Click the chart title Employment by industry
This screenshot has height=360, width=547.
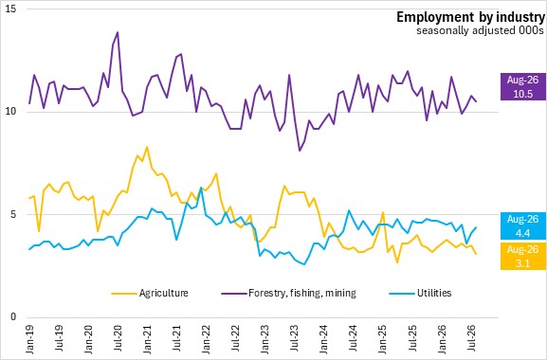pyautogui.click(x=470, y=17)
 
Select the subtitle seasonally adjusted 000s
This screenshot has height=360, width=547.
pyautogui.click(x=480, y=30)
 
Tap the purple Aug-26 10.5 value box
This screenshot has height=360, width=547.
pyautogui.click(x=523, y=87)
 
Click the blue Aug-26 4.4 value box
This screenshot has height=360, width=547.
pyautogui.click(x=523, y=225)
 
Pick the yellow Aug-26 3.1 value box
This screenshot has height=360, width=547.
pyautogui.click(x=523, y=256)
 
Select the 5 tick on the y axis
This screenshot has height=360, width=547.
pyautogui.click(x=14, y=214)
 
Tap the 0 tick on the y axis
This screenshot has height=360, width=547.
pyautogui.click(x=14, y=317)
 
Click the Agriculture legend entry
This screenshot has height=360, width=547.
pyautogui.click(x=150, y=293)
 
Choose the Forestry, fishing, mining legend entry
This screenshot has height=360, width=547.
pyautogui.click(x=289, y=293)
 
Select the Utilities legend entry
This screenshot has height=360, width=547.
pyautogui.click(x=420, y=293)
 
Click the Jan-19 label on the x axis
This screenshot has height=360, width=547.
pyautogui.click(x=29, y=339)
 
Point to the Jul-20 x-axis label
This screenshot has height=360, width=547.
pyautogui.click(x=118, y=339)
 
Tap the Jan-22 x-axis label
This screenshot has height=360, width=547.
pyautogui.click(x=206, y=339)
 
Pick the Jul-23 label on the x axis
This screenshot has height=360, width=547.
pyautogui.click(x=295, y=339)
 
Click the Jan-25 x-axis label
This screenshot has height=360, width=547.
pyautogui.click(x=383, y=339)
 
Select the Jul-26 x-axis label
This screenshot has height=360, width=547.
pyautogui.click(x=471, y=339)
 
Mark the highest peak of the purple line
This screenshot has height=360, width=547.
pyautogui.click(x=118, y=32)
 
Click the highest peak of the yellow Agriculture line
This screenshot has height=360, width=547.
pyautogui.click(x=147, y=147)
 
